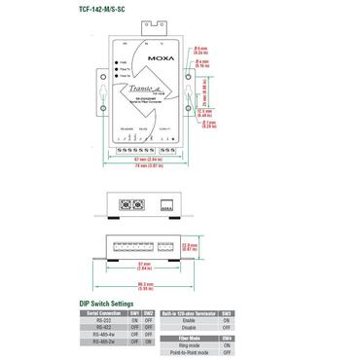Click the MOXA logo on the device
point(162,56)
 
